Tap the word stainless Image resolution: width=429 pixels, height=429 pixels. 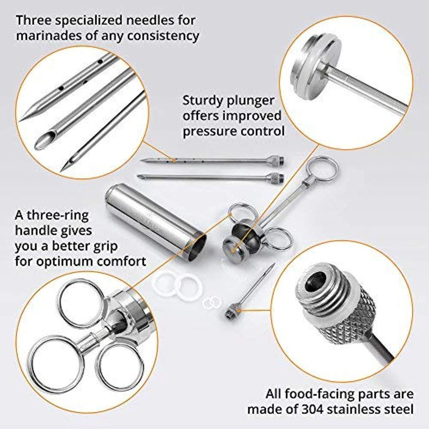pos(364,409)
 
